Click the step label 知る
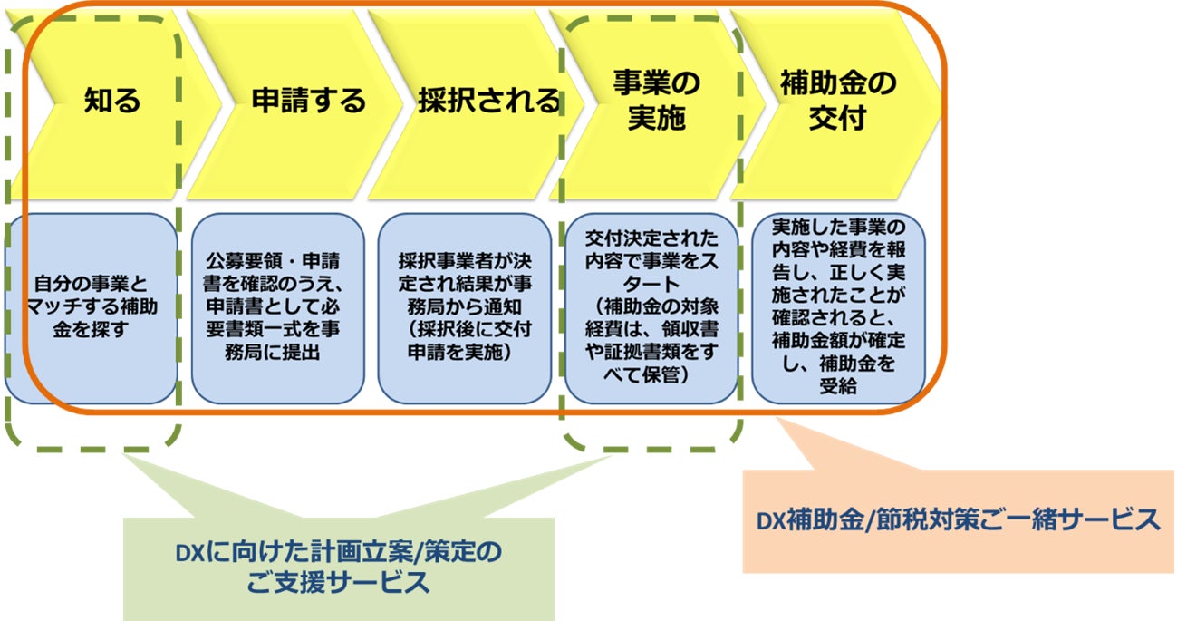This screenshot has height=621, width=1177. click(x=112, y=100)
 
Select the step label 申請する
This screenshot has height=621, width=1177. click(x=308, y=100)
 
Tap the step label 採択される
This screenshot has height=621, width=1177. click(x=488, y=100)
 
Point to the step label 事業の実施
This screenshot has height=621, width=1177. click(x=657, y=100)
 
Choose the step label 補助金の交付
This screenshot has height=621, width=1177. click(x=838, y=100)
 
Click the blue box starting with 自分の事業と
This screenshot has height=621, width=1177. click(x=91, y=308)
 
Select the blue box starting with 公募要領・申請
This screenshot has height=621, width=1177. click(x=277, y=308)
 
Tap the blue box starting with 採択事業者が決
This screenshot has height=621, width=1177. click(x=465, y=308)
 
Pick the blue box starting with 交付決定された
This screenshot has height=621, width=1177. click(x=651, y=308)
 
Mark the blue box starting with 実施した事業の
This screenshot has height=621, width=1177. click(x=838, y=308)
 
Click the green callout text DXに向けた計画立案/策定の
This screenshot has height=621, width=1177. click(x=339, y=552)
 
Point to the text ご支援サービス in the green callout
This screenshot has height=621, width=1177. click(x=338, y=583)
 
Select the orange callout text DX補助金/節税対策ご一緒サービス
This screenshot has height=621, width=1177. click(x=958, y=520)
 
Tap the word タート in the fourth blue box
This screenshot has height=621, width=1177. click(x=651, y=284)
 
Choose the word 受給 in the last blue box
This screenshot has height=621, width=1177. click(x=838, y=386)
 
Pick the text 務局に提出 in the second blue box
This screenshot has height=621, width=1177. click(x=272, y=353)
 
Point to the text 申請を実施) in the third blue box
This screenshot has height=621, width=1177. click(x=459, y=353)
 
